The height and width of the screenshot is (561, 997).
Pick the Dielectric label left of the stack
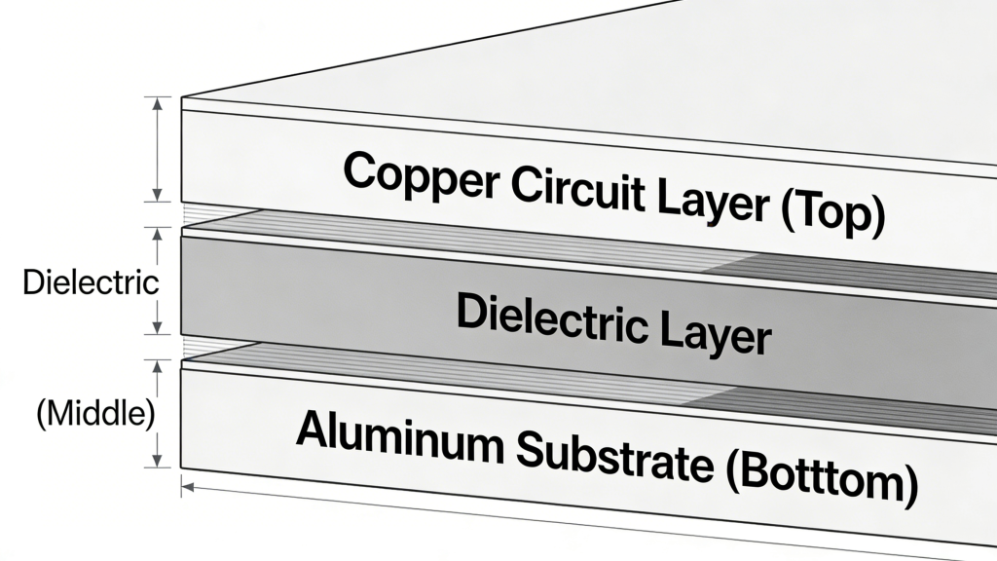click(90, 283)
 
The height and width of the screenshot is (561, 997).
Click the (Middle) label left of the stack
click(95, 412)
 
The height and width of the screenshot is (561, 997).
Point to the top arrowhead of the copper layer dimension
click(156, 101)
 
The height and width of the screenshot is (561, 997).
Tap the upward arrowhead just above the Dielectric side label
click(156, 234)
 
